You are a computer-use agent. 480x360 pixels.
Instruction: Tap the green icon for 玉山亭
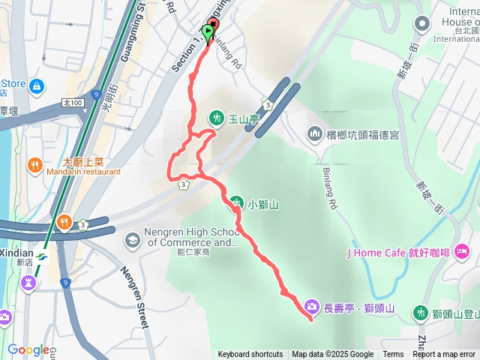[x=217, y=118]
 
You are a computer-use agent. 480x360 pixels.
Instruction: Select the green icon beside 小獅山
[x=236, y=202]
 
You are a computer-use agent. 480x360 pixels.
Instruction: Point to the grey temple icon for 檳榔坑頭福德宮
[x=314, y=134]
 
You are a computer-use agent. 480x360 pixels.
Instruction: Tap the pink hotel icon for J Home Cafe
[x=463, y=249]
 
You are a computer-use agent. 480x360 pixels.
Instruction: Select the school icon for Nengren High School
[x=133, y=239]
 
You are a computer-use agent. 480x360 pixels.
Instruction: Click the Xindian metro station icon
[x=40, y=257]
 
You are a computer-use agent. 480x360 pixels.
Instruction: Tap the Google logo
[x=28, y=350]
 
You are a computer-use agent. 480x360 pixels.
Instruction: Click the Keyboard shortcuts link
[x=250, y=355]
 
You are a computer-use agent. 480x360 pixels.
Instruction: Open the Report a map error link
[x=444, y=355]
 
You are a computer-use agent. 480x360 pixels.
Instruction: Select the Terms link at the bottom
[x=393, y=355]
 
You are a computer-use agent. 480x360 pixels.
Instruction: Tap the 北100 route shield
[x=72, y=103]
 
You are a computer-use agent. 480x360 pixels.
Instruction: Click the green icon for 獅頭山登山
[x=421, y=313]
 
